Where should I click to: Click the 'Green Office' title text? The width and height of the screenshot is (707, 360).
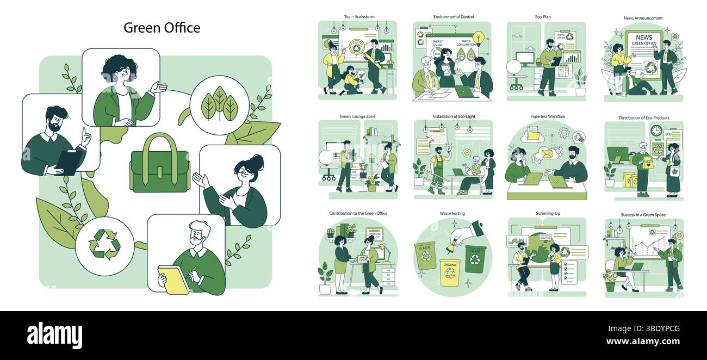pyautogui.click(x=162, y=28)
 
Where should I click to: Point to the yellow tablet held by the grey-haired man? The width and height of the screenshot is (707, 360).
pyautogui.click(x=173, y=280)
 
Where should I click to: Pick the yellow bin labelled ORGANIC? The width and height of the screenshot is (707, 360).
pyautogui.click(x=450, y=271)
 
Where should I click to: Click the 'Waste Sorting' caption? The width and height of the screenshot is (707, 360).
pyautogui.click(x=452, y=214)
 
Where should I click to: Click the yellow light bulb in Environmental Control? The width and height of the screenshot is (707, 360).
pyautogui.click(x=479, y=38)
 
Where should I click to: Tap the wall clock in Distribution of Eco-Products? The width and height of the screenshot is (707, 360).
pyautogui.click(x=656, y=131)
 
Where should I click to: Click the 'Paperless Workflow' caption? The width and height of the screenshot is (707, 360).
pyautogui.click(x=547, y=116)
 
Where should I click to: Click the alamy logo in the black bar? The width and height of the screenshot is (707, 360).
pyautogui.click(x=54, y=336)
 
